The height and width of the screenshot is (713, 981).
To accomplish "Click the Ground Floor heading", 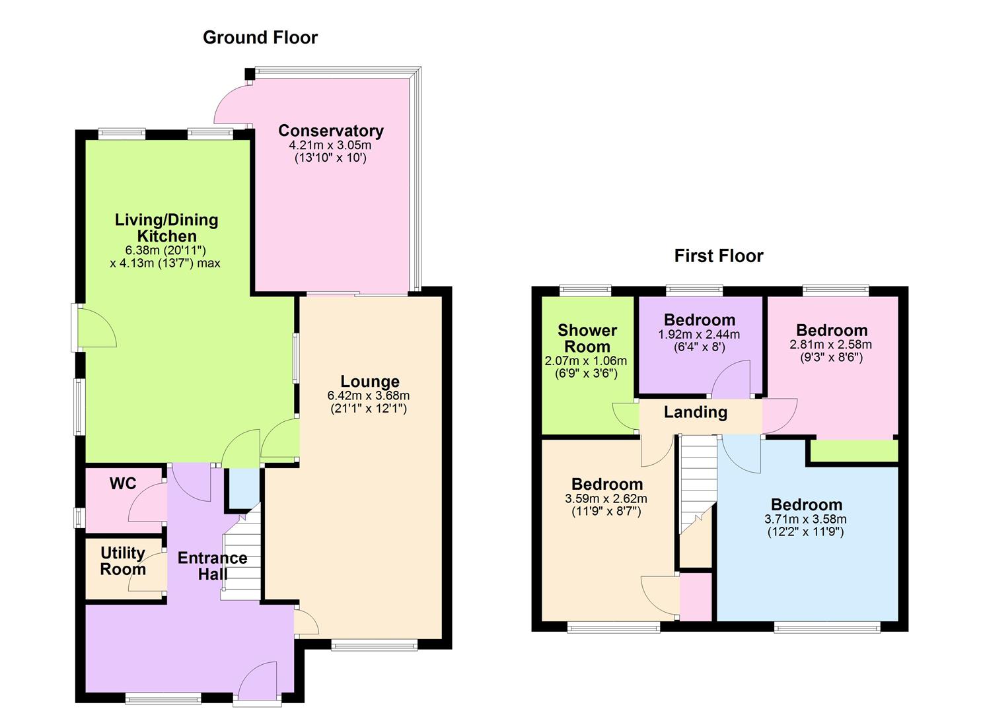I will click(260, 38).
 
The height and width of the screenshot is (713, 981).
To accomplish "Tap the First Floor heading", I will click(718, 256).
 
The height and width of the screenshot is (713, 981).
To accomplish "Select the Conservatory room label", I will click(330, 131).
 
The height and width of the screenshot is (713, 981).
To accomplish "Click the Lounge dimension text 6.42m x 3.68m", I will click(369, 396).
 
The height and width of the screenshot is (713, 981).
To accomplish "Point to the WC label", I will click(123, 484).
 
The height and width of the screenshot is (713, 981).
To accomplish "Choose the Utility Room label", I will click(123, 561).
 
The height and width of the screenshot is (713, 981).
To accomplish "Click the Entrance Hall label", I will click(212, 566).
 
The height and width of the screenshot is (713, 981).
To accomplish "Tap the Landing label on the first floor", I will click(695, 413).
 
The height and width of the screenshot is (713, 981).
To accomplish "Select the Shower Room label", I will click(587, 338).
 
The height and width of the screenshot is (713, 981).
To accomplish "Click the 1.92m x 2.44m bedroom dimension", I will click(699, 335).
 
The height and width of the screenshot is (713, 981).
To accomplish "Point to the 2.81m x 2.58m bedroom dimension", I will click(830, 345).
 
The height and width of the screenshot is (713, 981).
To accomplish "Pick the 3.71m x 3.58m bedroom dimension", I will click(805, 520).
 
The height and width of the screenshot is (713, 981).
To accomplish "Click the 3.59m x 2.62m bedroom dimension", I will click(606, 498).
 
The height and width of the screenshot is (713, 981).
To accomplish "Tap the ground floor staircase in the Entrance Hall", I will click(242, 561).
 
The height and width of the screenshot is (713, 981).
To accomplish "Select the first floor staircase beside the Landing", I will click(698, 482).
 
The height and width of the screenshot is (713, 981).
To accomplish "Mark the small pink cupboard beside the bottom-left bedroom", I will click(696, 597).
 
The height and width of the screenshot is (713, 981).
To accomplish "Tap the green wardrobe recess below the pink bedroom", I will click(854, 452).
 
